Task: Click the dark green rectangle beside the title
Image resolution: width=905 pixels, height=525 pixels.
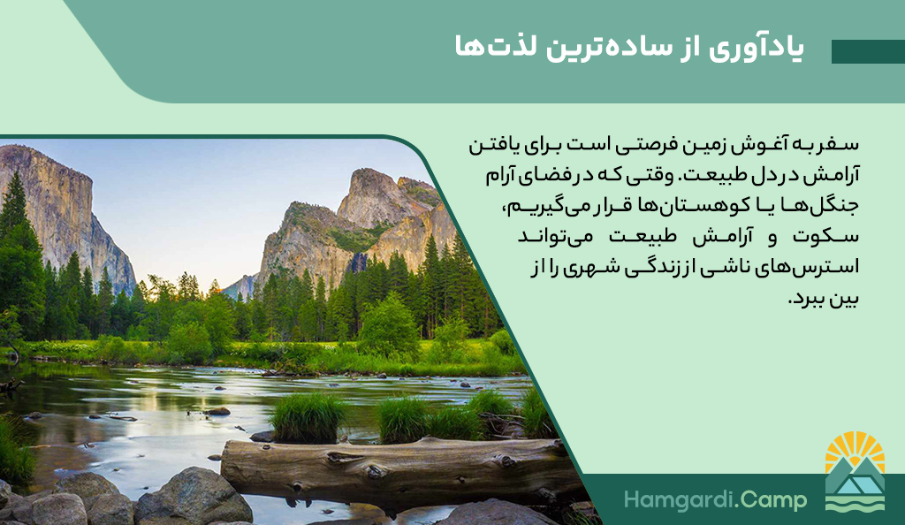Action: [868, 51]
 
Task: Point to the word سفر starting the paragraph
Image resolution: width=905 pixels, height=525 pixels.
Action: [841, 144]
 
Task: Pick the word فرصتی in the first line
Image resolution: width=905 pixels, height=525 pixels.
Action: [638, 146]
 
